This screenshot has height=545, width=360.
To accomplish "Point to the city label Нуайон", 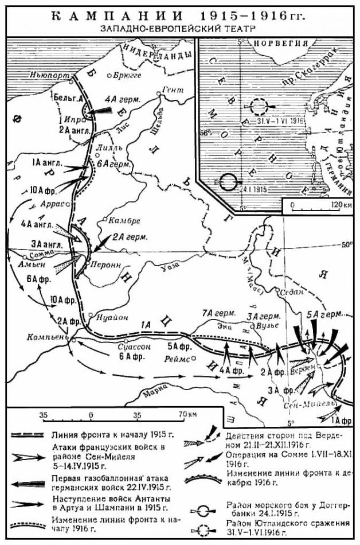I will (x=108, y=315).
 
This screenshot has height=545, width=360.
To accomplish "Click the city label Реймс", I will (x=178, y=358).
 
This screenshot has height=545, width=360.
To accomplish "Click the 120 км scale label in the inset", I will (x=341, y=204).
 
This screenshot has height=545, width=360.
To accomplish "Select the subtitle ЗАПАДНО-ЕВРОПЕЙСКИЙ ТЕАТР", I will (x=177, y=28).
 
